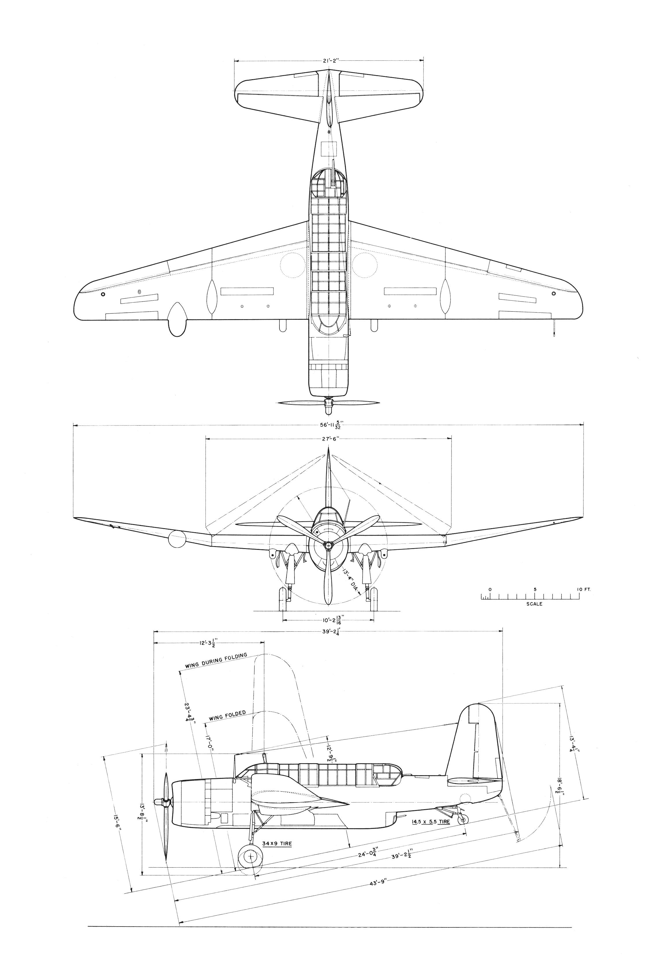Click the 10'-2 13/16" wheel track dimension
[329, 620]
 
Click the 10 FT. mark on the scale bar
[584, 589]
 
